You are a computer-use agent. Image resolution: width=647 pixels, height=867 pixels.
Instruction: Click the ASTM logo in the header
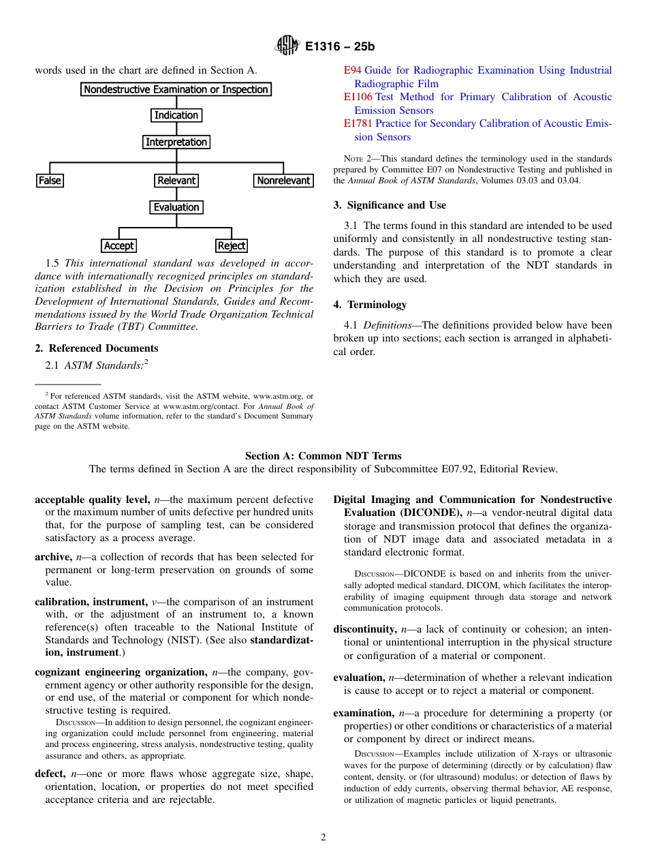(287, 46)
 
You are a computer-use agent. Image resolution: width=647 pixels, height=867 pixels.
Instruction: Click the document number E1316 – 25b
(340, 47)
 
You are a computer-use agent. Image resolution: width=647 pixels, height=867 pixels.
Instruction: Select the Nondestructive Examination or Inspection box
(176, 89)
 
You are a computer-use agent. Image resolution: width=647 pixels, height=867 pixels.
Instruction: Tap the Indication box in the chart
(176, 115)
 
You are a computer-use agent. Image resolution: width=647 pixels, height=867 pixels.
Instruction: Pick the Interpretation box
(176, 142)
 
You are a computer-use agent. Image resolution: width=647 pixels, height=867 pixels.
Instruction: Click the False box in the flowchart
(50, 181)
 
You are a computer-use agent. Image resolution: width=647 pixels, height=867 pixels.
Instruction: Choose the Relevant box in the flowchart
(176, 181)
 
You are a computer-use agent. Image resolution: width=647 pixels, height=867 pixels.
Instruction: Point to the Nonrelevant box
(283, 181)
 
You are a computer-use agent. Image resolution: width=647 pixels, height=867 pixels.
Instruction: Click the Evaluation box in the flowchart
(176, 207)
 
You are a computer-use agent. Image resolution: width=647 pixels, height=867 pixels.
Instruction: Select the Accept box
(119, 245)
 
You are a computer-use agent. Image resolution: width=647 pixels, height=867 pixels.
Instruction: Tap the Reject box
(232, 245)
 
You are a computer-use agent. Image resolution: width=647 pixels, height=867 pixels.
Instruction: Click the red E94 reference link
(352, 70)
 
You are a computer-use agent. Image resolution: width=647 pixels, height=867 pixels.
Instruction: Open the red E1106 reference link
(358, 97)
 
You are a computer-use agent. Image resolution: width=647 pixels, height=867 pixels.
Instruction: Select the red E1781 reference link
(358, 123)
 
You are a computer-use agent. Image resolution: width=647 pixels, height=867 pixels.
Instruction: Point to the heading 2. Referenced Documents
(96, 348)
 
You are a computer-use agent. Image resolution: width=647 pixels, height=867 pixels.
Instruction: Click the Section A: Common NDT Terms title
(323, 456)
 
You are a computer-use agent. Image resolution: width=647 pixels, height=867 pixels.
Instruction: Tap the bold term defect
(50, 774)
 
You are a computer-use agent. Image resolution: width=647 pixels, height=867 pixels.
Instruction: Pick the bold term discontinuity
(364, 629)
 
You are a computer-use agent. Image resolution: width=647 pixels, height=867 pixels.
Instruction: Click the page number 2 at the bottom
(323, 838)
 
